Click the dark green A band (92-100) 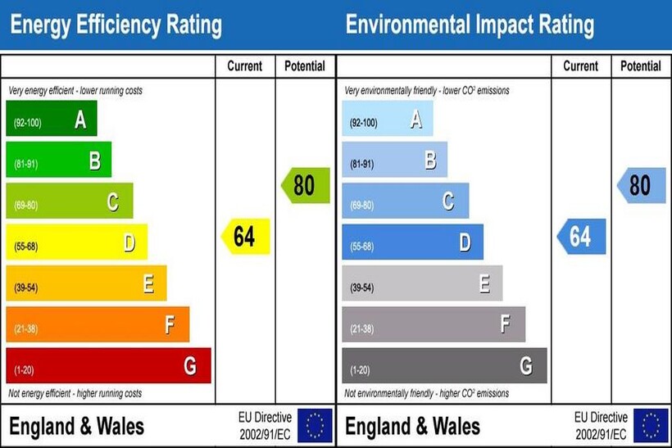click(52, 119)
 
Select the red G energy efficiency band click(108, 365)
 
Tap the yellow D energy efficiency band click(76, 242)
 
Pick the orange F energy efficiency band click(98, 324)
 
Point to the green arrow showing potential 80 click(306, 186)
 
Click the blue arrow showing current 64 click(582, 237)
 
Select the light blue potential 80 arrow click(642, 186)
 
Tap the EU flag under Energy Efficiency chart click(315, 426)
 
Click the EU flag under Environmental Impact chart click(651, 426)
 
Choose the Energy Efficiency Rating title click(116, 25)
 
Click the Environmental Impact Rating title click(470, 25)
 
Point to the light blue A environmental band click(387, 119)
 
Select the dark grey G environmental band click(444, 365)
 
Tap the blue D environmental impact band click(412, 242)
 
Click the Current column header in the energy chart click(245, 66)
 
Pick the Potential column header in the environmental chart click(641, 66)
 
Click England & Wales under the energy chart click(76, 426)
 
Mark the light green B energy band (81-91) click(58, 160)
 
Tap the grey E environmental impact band click(422, 283)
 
